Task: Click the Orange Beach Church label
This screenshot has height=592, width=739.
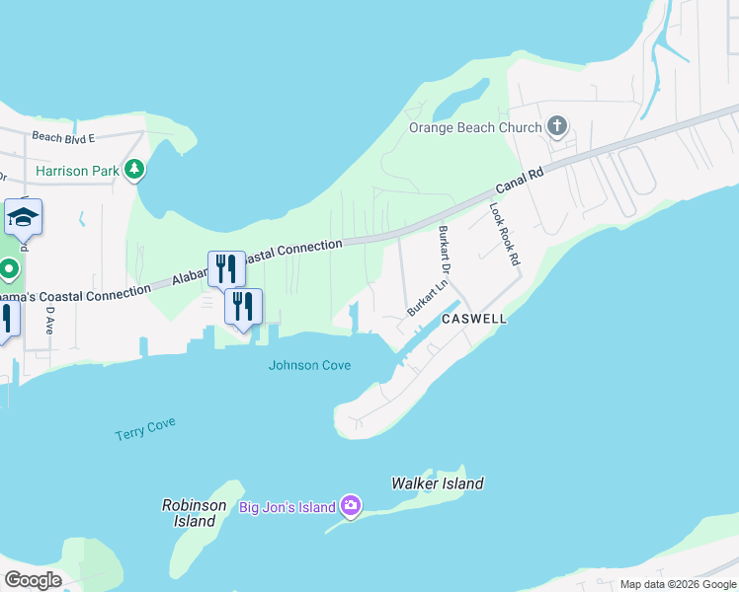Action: pyautogui.click(x=475, y=127)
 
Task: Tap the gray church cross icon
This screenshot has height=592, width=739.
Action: pyautogui.click(x=557, y=126)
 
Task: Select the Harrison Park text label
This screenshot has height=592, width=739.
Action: pyautogui.click(x=77, y=171)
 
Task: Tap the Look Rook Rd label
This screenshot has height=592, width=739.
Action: pyautogui.click(x=504, y=235)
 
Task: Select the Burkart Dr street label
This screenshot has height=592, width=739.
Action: pyautogui.click(x=445, y=250)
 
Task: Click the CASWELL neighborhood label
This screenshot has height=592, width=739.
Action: pyautogui.click(x=474, y=320)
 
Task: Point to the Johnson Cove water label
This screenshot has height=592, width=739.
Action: pyautogui.click(x=309, y=365)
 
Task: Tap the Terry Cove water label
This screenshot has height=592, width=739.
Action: pyautogui.click(x=144, y=429)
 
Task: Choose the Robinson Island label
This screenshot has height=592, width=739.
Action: pyautogui.click(x=189, y=513)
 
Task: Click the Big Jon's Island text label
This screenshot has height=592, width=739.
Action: pyautogui.click(x=287, y=507)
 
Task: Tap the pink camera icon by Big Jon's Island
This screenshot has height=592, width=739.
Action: pyautogui.click(x=351, y=507)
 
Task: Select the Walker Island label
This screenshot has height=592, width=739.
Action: pyautogui.click(x=438, y=483)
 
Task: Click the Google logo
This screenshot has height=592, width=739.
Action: pyautogui.click(x=33, y=580)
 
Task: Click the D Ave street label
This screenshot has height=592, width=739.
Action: pyautogui.click(x=48, y=320)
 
